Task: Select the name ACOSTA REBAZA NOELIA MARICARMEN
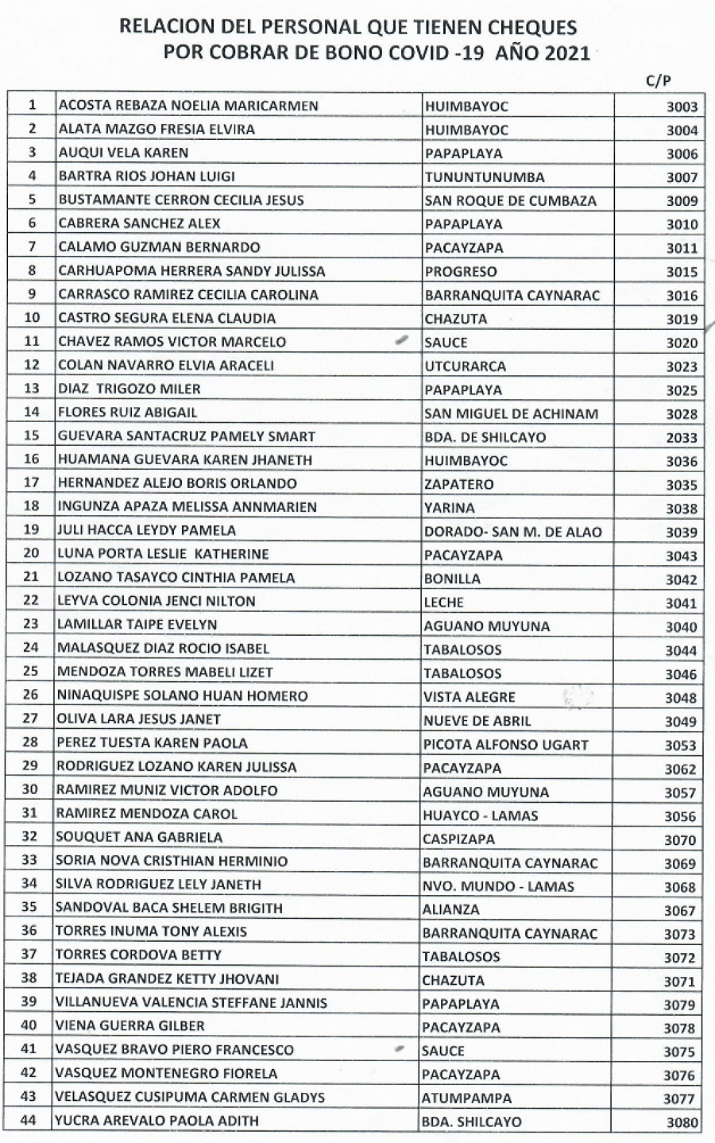tap(188, 106)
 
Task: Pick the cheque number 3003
tap(682, 107)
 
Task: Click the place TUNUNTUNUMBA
tap(483, 176)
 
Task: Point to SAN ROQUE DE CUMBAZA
tap(510, 200)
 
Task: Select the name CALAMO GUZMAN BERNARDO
tap(160, 247)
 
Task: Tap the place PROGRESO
tap(461, 271)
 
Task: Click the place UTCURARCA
tap(466, 366)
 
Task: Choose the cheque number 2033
tap(682, 438)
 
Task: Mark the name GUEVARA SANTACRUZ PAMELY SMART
tap(187, 436)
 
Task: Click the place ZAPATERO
tap(459, 484)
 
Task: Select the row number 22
tap(31, 601)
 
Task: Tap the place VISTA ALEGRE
tap(470, 697)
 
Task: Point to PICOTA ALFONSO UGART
tap(505, 745)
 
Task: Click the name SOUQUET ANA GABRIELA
tap(139, 837)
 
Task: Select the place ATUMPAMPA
tap(467, 1098)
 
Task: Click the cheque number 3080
tap(682, 1123)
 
